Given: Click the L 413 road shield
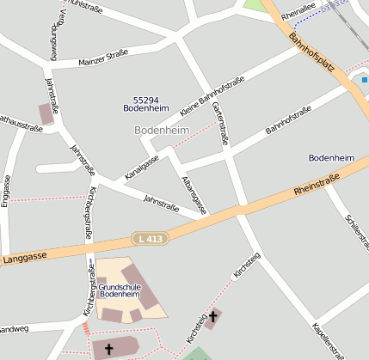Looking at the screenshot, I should (149, 237).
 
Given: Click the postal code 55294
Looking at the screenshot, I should (146, 100).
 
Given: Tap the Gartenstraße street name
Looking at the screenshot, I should (218, 121).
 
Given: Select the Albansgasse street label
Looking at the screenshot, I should (194, 192).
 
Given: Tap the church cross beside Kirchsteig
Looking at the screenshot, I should (212, 317).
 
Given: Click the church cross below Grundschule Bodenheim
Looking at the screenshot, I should (108, 349).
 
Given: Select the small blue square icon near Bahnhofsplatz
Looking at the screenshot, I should (365, 80).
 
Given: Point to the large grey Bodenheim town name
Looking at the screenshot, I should (162, 130).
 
